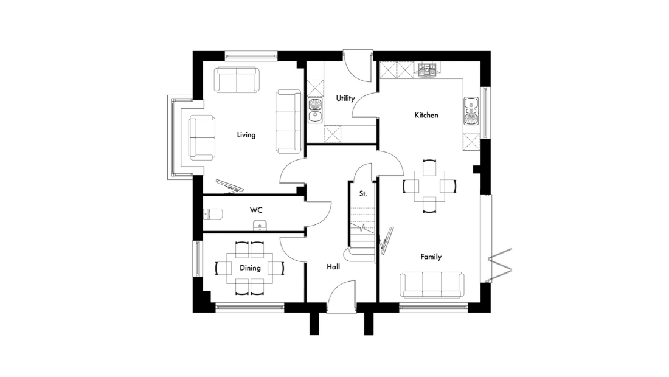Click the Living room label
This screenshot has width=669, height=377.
click(246, 135)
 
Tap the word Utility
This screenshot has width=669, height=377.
click(345, 99)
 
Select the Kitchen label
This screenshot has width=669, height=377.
click(426, 115)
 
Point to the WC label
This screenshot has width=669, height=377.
click(256, 210)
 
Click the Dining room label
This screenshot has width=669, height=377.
click(250, 268)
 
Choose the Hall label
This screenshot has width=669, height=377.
click(333, 267)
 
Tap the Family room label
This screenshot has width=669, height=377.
click(431, 257)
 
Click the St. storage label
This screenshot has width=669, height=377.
click(363, 193)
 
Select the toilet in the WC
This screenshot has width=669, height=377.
click(212, 213)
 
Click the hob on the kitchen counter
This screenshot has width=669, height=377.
click(427, 71)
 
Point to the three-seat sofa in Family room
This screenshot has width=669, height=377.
click(432, 285)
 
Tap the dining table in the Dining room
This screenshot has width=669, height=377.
click(250, 268)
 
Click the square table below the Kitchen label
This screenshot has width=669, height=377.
click(429, 186)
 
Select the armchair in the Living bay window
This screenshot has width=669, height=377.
click(202, 137)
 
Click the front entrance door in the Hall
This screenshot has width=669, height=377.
click(341, 297)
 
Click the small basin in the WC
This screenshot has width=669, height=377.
click(260, 226)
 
